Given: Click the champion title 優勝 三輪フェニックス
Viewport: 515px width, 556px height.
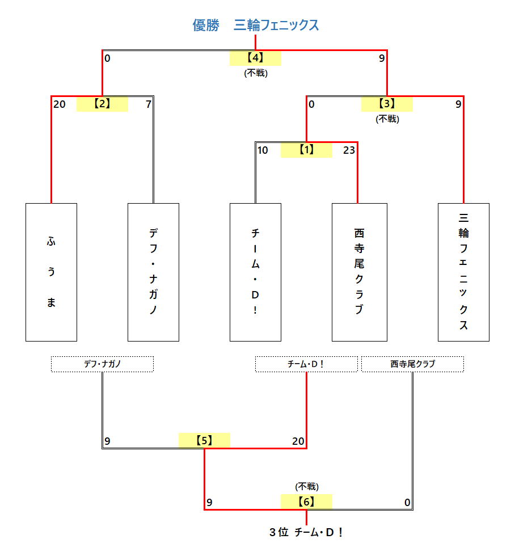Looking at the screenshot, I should (255, 26).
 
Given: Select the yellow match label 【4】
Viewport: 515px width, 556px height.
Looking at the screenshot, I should (255, 57).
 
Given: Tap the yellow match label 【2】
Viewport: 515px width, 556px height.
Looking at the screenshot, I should (102, 104).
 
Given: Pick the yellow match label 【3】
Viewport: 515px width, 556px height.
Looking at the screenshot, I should (387, 104).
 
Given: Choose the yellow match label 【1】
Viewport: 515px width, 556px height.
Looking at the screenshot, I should (306, 150).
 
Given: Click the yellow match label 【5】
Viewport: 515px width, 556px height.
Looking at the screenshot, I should (204, 441).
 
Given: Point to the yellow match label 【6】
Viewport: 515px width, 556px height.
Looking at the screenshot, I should (306, 502).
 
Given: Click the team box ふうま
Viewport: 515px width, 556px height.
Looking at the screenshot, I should (51, 272).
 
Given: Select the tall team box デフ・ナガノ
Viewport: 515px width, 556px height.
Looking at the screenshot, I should (153, 272).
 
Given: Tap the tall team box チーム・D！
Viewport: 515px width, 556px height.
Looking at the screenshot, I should (255, 272).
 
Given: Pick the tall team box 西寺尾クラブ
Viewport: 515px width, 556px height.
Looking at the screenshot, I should (359, 272).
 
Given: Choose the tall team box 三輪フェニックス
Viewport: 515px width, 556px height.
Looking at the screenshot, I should (463, 272).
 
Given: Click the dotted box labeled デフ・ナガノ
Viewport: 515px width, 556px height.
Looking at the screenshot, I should (102, 364).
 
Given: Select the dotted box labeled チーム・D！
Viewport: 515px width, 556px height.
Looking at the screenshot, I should (306, 364).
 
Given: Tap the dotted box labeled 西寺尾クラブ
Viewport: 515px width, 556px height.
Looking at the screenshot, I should (412, 364).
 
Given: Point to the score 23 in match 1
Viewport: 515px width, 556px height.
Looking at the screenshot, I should (349, 150).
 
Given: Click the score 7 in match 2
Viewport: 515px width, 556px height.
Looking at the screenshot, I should (148, 104).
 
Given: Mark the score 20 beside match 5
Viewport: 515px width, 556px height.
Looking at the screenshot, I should (298, 441).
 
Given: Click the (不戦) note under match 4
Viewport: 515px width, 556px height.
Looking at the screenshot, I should (255, 73).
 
